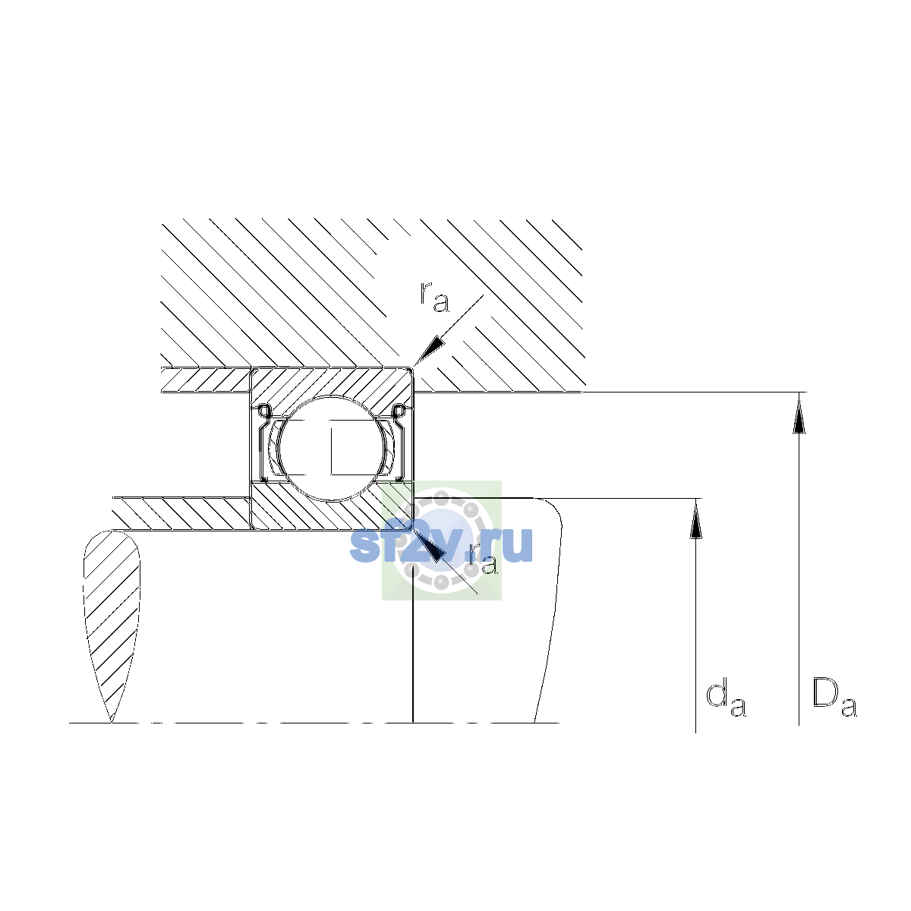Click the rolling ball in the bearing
332,448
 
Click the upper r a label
434,298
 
